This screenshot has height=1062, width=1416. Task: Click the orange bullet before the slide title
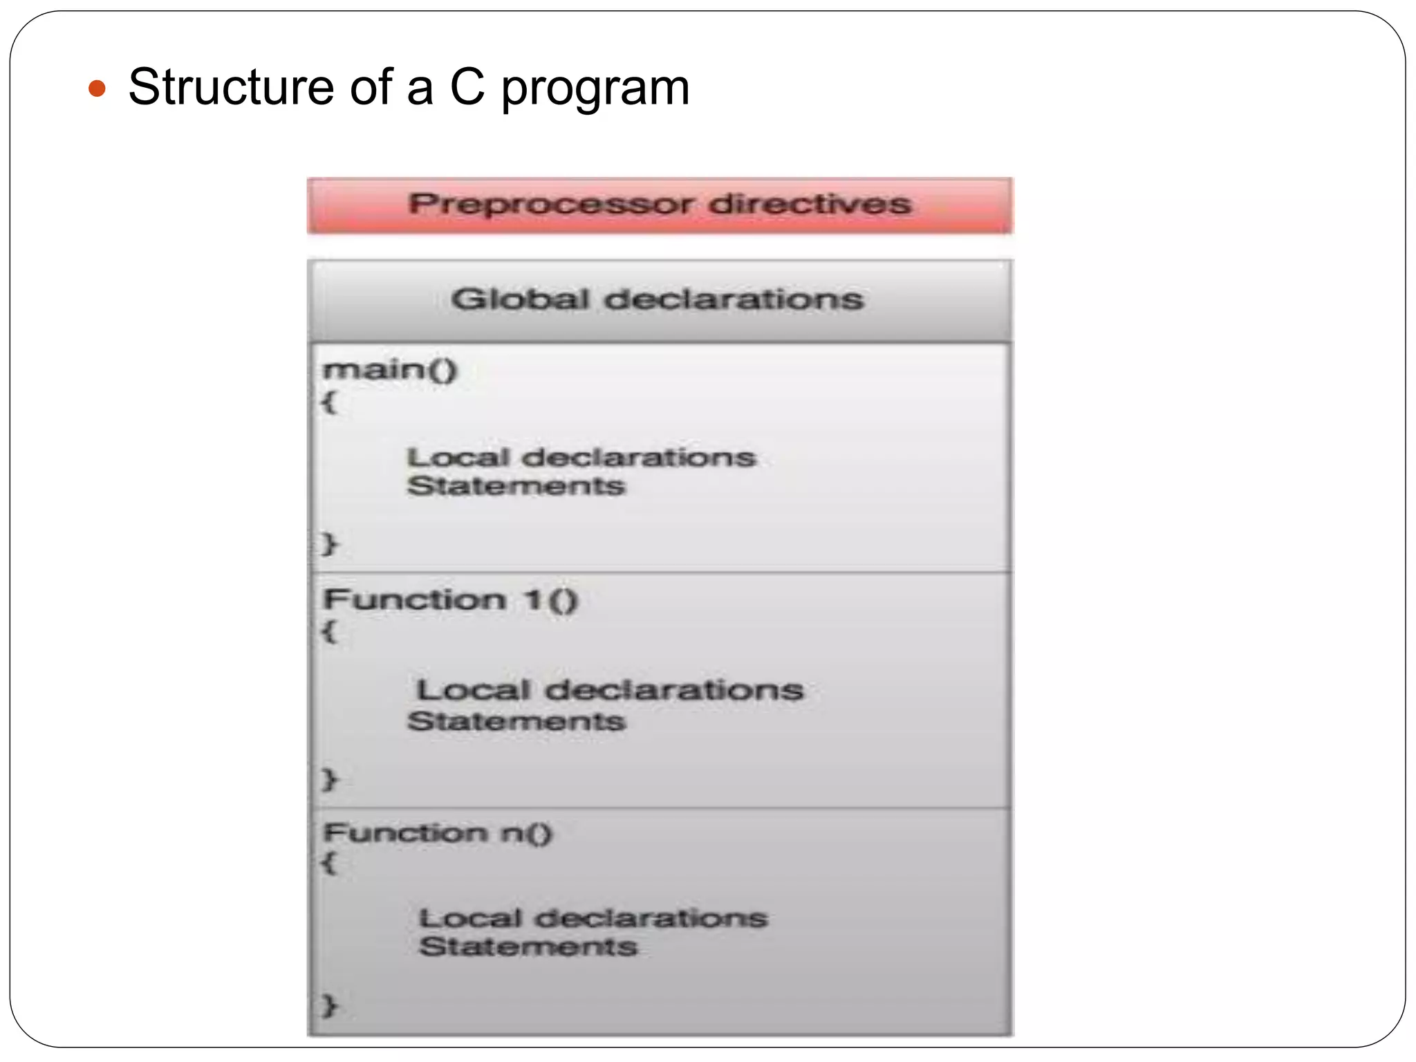[x=97, y=88]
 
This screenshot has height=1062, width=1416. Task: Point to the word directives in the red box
[x=810, y=204]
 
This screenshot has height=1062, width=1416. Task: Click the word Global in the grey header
[x=520, y=299]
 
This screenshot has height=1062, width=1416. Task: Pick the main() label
[x=390, y=369]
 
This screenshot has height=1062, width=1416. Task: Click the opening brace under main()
[x=329, y=402]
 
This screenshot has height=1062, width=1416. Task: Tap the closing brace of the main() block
[x=329, y=544]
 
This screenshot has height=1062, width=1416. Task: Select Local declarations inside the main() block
[x=581, y=457]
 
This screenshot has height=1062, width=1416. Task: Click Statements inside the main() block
[x=516, y=486]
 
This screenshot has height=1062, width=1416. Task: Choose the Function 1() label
[x=449, y=599]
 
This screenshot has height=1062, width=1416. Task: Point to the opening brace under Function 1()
[x=329, y=631]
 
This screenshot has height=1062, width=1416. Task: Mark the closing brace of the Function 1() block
[x=329, y=780]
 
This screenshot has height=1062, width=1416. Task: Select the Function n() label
[x=438, y=832]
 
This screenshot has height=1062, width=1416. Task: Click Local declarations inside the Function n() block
[x=593, y=918]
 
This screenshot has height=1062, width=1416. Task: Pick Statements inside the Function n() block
[x=528, y=947]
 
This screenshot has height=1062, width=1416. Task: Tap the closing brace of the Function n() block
[x=329, y=1005]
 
